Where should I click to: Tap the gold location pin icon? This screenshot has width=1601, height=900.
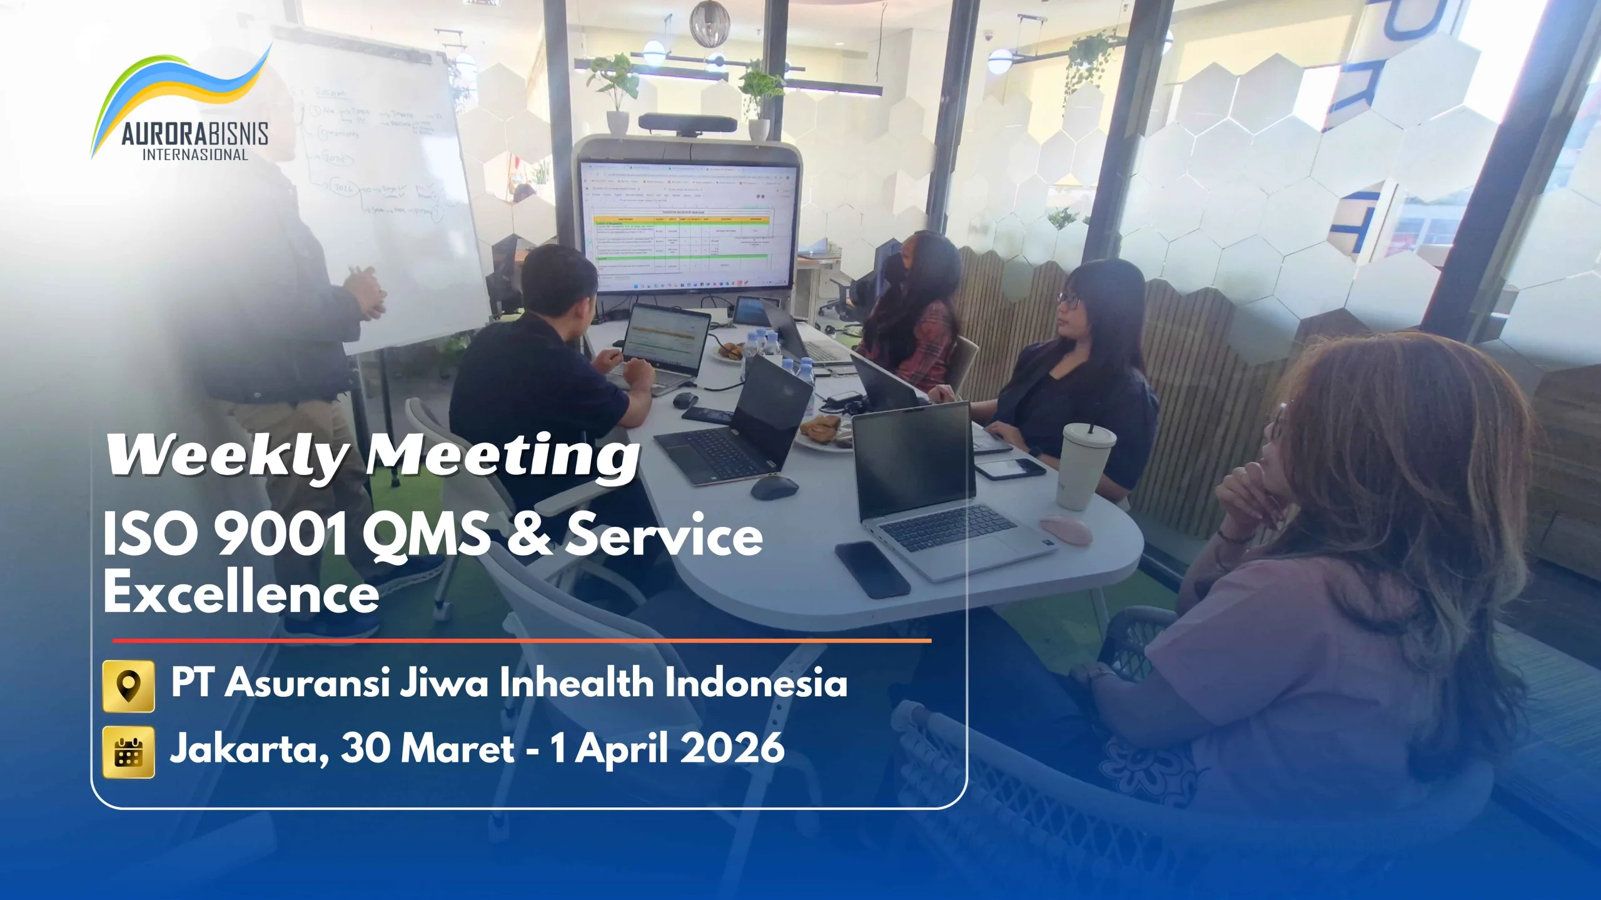pos(128,686)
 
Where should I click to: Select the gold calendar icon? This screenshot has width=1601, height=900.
pos(128,752)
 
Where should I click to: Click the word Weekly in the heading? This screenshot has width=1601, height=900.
pos(225,455)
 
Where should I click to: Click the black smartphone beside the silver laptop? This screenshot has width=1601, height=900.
pos(872,569)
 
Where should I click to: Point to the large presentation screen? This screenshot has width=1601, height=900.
pos(688,225)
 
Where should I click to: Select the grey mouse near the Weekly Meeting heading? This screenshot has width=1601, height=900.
pos(774,487)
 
